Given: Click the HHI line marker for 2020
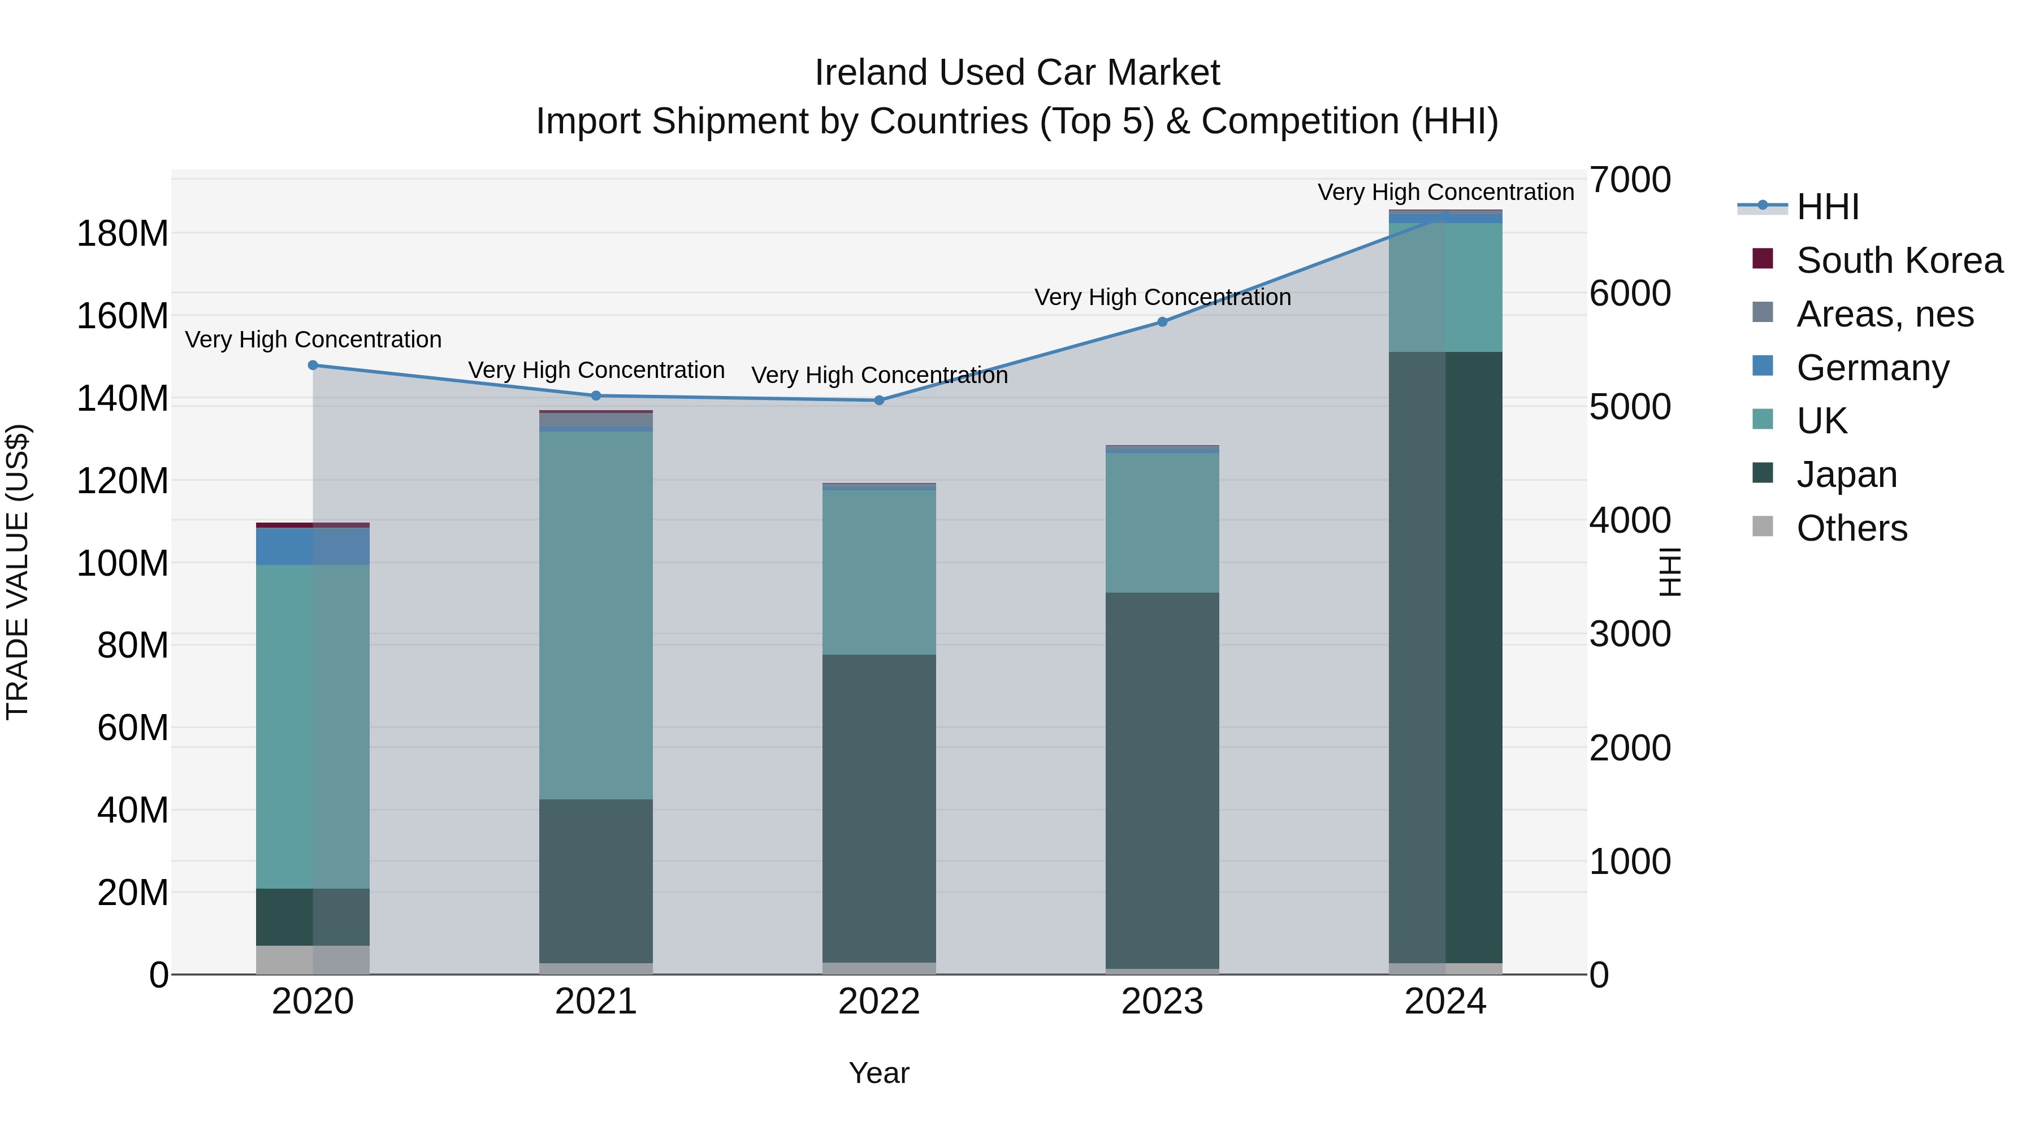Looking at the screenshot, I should point(313,366).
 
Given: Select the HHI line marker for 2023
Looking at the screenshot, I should point(1162,322).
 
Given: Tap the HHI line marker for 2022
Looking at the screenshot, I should point(879,401).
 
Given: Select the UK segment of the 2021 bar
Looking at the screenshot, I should point(596,615).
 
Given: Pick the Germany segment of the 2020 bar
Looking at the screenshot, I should point(313,546).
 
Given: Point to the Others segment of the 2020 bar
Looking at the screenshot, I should point(313,960).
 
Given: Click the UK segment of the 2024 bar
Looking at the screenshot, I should point(1445,288).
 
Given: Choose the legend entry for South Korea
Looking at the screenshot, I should point(1899,260).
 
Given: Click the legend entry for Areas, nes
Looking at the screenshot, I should point(1884,314).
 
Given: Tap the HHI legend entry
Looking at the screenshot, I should point(1827,207).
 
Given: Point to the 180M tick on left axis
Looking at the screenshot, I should point(123,234).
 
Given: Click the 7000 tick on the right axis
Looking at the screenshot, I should point(1630,180).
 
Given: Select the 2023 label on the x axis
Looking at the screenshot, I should point(1162,1002).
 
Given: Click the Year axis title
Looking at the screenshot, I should point(878,1073).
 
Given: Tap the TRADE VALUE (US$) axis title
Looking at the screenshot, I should point(18,572).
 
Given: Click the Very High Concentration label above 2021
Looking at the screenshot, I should point(596,370).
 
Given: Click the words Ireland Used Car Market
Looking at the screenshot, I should point(1017,73).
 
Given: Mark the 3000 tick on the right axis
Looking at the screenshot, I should point(1630,634).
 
